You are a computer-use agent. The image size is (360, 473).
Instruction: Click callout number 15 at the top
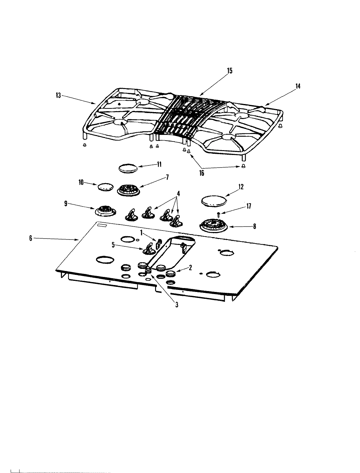[229, 71]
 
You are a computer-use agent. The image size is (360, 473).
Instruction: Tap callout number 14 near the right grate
[297, 86]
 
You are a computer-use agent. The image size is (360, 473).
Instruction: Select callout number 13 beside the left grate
[58, 96]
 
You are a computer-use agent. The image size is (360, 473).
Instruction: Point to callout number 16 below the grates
[202, 173]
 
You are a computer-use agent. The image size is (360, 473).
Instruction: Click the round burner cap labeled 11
[129, 168]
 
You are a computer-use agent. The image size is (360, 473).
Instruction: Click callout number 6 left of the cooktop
[31, 238]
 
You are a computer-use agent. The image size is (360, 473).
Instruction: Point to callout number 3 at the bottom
[177, 305]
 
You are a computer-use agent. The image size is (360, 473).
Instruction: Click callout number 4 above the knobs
[178, 194]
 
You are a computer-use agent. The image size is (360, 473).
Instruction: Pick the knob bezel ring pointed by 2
[171, 273]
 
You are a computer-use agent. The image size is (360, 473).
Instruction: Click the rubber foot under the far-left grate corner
[85, 145]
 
